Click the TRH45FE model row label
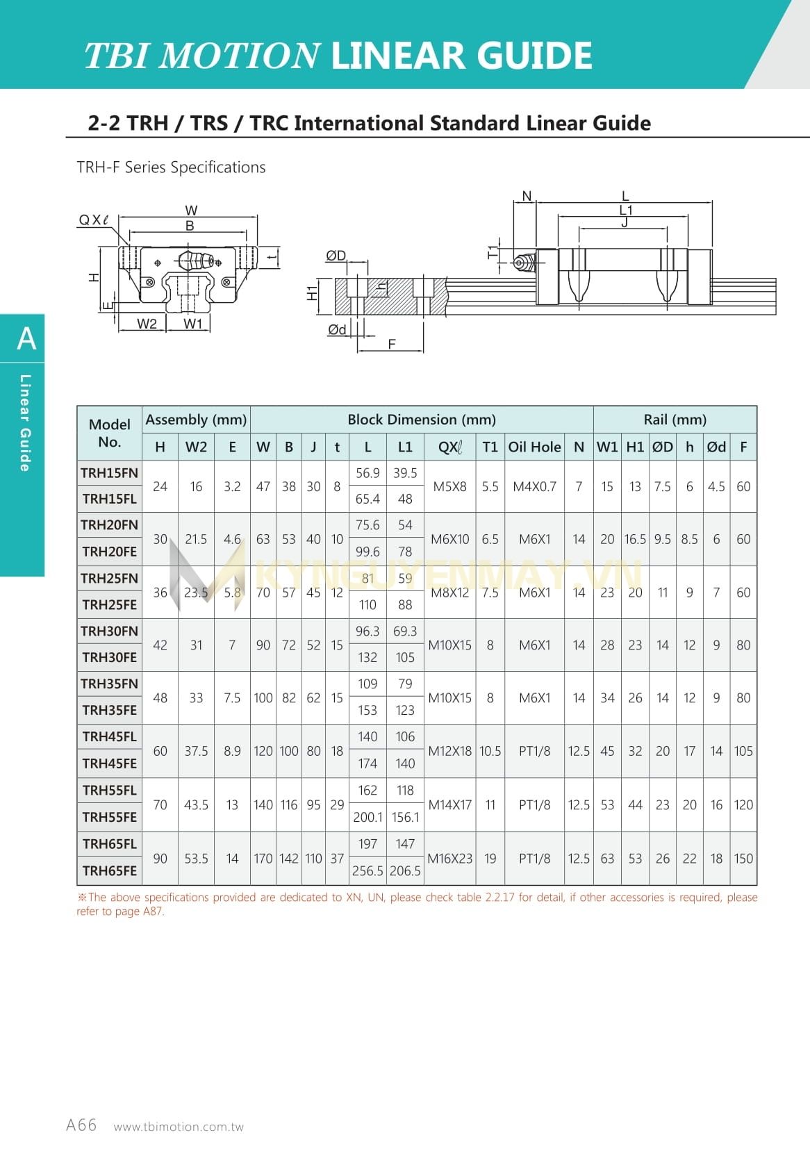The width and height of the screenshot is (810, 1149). [x=110, y=763]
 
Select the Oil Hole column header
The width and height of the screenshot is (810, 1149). [x=534, y=447]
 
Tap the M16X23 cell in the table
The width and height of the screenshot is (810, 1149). [x=449, y=859]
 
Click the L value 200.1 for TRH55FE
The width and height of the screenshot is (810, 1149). [x=367, y=818]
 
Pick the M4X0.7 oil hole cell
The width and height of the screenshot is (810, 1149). [x=534, y=486]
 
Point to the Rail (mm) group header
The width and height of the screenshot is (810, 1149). [x=675, y=420]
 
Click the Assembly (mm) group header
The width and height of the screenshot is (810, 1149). [x=196, y=420]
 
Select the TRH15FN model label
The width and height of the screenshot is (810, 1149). [x=110, y=473]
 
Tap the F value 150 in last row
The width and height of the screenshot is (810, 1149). [x=743, y=859]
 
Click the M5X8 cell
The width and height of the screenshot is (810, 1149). [x=449, y=486]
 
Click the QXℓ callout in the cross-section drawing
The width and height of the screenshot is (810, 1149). [x=94, y=220]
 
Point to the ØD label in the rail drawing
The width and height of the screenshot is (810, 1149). [x=336, y=256]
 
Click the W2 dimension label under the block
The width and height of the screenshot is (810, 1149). [x=147, y=324]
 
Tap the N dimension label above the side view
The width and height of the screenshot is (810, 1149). [x=527, y=196]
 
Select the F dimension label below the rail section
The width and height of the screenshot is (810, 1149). [x=392, y=344]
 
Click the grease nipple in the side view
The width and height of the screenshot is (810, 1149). [x=522, y=263]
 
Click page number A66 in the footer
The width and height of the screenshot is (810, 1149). [x=81, y=1125]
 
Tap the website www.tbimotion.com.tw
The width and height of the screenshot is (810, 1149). [x=179, y=1127]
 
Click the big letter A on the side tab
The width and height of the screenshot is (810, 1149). [x=26, y=339]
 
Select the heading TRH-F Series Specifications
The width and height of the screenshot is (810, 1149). [x=171, y=167]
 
